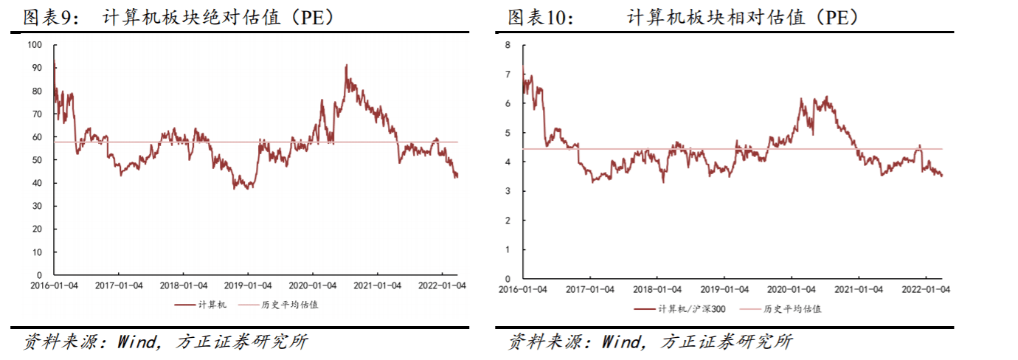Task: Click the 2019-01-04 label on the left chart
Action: [x=247, y=285]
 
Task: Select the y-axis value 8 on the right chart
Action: [x=508, y=45]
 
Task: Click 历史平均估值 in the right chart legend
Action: [x=792, y=309]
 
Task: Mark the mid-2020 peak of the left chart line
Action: [x=346, y=66]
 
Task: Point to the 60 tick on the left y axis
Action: [x=38, y=137]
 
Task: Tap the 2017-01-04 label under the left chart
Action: [x=119, y=285]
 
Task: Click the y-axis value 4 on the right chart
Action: [x=508, y=162]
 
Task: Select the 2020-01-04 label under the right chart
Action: [x=792, y=289]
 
